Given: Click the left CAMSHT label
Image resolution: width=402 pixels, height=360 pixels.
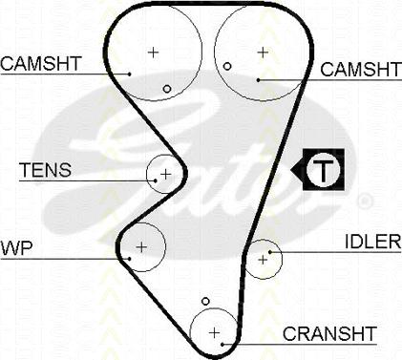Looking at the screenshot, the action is (41, 63).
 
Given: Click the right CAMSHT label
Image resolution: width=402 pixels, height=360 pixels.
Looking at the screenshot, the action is (361, 70).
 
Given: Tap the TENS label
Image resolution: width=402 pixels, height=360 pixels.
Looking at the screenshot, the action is (45, 170).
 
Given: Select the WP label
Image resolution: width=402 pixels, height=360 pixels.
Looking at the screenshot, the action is (16, 248).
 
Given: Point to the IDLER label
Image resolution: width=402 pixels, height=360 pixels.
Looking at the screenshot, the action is (373, 242).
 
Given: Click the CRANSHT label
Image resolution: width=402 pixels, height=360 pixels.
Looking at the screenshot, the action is (329, 333).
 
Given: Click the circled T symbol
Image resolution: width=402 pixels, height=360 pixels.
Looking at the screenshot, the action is (324, 169).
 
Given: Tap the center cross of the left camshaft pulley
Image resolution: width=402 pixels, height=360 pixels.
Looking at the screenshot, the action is (154, 52).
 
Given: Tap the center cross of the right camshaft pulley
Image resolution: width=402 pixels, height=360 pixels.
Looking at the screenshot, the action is (263, 53).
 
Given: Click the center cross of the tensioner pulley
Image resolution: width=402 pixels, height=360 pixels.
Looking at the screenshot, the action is (166, 174).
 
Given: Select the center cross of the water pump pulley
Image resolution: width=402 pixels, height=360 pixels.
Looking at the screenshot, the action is (141, 247).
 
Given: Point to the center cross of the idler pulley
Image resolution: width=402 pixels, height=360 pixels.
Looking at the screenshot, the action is (263, 260).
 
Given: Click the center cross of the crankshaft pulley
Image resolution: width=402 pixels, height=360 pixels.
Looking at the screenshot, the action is (215, 332).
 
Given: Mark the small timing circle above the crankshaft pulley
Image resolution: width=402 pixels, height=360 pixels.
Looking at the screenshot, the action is (206, 301).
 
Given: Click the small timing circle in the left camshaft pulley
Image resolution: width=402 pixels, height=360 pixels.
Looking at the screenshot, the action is (167, 89).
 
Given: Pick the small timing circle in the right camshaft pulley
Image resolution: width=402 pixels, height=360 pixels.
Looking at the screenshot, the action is (227, 66).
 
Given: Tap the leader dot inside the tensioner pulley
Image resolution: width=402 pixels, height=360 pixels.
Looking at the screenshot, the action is (156, 180).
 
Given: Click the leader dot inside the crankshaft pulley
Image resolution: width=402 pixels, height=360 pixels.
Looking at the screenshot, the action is (222, 344).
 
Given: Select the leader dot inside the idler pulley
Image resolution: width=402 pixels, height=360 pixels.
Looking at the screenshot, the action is (270, 252).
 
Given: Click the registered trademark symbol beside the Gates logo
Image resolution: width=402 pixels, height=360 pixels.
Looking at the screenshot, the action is (364, 201).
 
